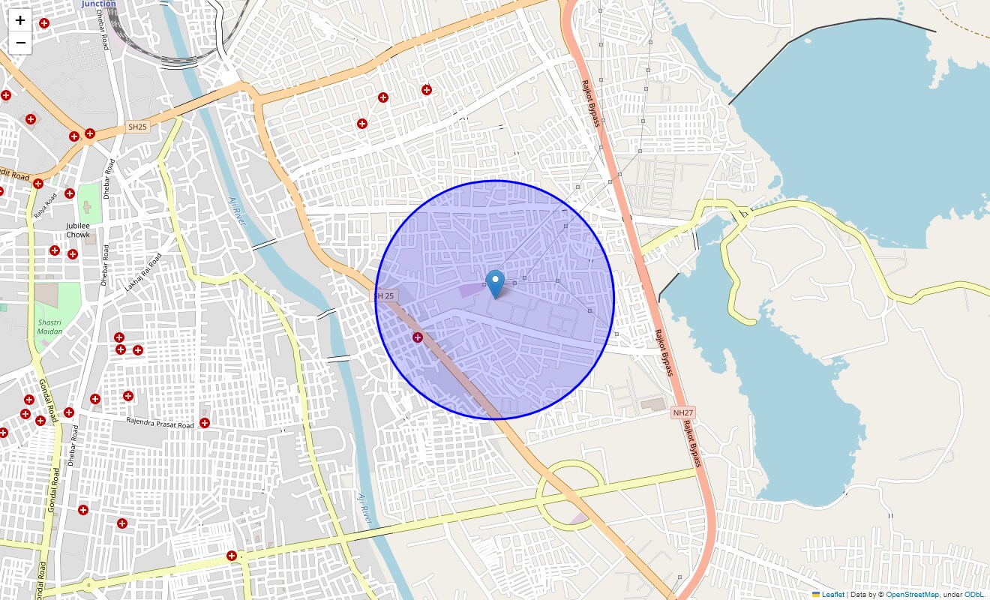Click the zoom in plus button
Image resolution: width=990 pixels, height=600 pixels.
pos(20,21)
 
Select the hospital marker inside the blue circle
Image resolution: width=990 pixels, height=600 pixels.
pos(418,338)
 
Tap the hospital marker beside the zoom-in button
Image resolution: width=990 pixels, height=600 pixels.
pos(44,24)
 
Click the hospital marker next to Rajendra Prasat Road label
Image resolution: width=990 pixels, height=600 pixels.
pos(205,424)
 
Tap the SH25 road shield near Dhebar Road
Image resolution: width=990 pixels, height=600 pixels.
pos(138,127)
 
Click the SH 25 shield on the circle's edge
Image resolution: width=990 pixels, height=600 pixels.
pos(385,296)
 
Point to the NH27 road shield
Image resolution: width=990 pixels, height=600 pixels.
pos(683,412)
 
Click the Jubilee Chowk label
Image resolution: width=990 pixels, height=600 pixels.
pos(78,230)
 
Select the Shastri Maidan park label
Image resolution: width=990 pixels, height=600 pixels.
pos(50,326)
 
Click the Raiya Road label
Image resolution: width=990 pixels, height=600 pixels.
pos(46,205)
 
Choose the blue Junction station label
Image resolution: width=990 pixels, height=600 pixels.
pos(99,4)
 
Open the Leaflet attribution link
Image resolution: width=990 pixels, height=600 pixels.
pos(832,595)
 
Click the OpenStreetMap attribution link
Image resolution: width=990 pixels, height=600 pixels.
pos(912,595)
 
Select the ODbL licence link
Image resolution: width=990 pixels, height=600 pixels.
pos(974,595)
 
